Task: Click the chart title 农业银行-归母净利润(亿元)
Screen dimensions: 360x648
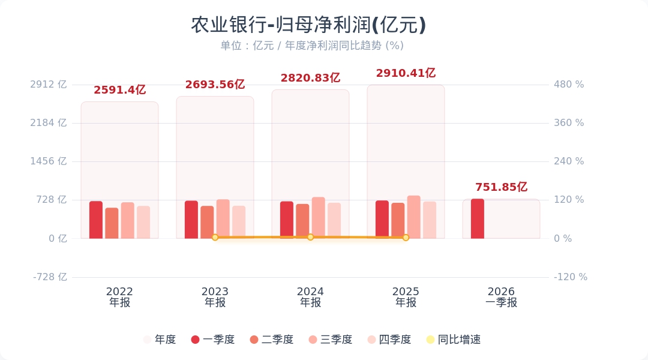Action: tap(308, 25)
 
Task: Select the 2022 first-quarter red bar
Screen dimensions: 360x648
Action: tap(96, 220)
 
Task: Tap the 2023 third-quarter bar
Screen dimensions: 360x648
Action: tap(223, 219)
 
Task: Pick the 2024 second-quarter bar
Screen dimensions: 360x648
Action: tap(302, 221)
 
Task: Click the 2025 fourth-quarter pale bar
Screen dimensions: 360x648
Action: tap(430, 220)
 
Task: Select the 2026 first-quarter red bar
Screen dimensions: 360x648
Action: tap(478, 218)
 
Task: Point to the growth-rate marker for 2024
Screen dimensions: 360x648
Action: tap(310, 237)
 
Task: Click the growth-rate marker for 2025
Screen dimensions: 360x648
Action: tap(406, 238)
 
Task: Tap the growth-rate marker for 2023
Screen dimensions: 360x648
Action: tap(215, 237)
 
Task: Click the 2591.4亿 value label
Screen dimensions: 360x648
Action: tap(119, 90)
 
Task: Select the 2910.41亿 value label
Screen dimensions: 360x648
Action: tap(406, 73)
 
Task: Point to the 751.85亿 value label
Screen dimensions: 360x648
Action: tap(501, 187)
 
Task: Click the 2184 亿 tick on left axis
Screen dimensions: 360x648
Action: tap(49, 123)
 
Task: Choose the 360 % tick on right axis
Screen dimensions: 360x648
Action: tap(569, 123)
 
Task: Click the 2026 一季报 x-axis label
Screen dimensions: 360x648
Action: tap(501, 297)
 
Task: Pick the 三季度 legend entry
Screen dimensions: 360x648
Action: tap(330, 340)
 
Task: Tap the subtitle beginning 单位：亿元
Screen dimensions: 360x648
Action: tap(312, 46)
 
